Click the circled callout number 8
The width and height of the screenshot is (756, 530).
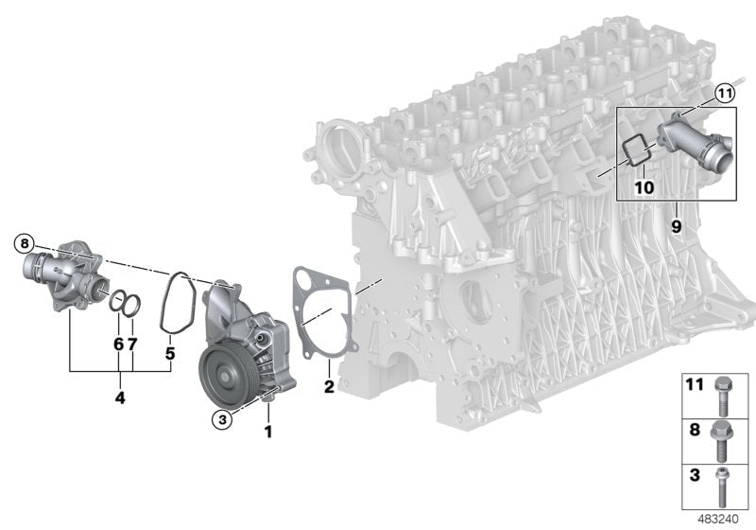click(25, 243)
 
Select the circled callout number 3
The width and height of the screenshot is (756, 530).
click(222, 419)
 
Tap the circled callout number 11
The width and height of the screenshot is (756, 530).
click(724, 94)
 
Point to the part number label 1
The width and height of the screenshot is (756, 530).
click(268, 432)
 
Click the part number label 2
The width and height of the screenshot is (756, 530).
click(329, 386)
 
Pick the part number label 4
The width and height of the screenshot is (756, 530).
click(120, 397)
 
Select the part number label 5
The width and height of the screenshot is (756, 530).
click(170, 353)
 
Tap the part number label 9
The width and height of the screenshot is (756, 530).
click(677, 226)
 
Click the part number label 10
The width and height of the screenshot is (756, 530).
click(644, 186)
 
